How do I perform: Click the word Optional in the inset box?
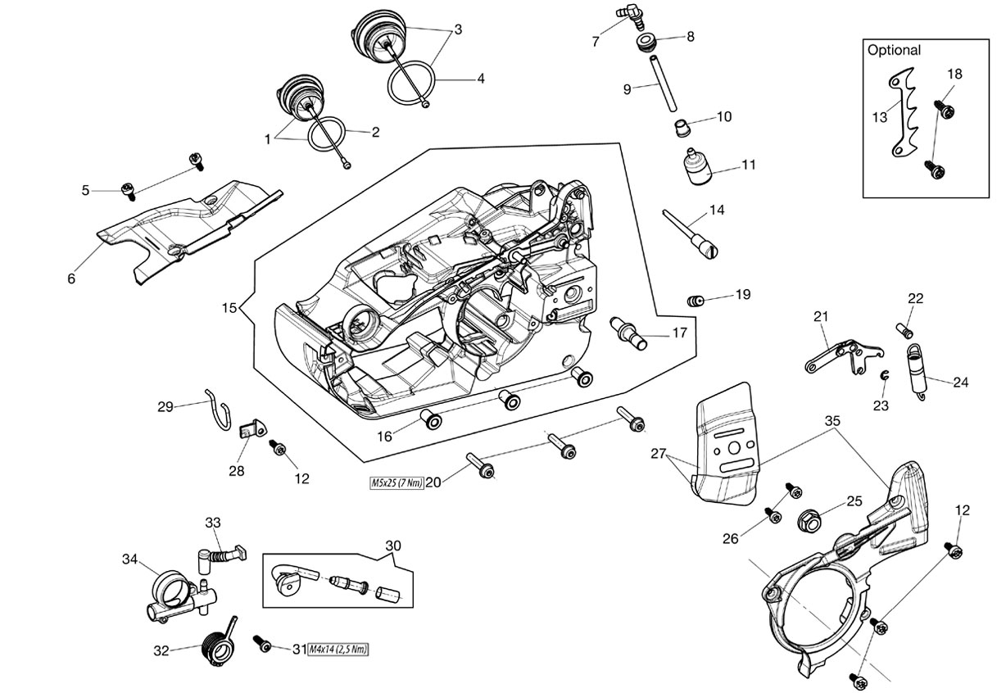click(x=894, y=50)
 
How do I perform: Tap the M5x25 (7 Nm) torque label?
click(x=397, y=483)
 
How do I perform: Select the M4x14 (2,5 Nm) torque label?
click(x=338, y=650)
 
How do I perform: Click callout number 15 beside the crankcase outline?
click(x=229, y=308)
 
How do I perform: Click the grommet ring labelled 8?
click(x=646, y=44)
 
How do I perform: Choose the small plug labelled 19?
click(x=695, y=300)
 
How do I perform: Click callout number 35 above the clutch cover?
click(x=832, y=421)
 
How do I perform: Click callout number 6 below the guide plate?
click(x=71, y=279)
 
